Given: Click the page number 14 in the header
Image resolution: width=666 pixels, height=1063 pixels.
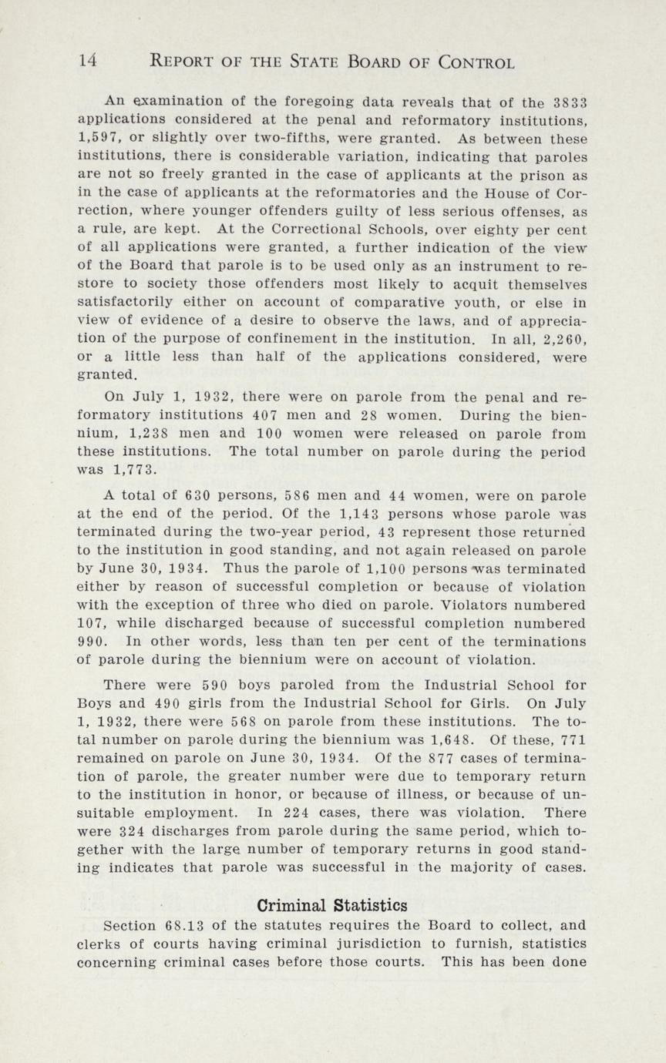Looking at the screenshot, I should tap(86, 62).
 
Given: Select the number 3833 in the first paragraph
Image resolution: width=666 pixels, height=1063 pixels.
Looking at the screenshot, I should tap(570, 102).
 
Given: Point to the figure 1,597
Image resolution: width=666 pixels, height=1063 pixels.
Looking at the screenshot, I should tap(100, 139).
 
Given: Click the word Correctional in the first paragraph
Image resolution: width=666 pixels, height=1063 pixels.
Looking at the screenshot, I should tap(289, 230).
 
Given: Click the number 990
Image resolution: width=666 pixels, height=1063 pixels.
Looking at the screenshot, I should tap(92, 642).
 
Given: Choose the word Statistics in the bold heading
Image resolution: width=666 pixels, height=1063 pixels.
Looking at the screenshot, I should tap(372, 904).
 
